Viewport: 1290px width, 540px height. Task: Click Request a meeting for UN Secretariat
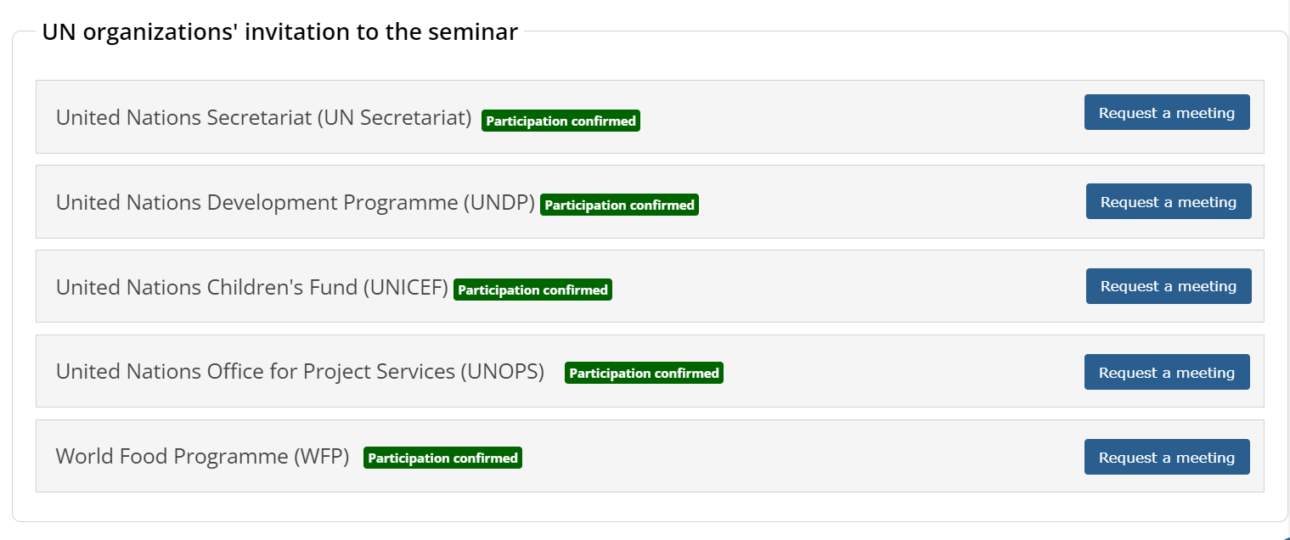tap(1167, 112)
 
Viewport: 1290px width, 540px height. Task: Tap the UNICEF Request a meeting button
tap(1169, 286)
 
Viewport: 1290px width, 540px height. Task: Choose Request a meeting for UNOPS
tap(1167, 372)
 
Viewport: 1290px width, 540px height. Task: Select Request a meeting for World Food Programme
tap(1167, 457)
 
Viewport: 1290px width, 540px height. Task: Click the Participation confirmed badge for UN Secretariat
tap(561, 121)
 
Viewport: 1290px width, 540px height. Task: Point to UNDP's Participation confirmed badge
tap(619, 205)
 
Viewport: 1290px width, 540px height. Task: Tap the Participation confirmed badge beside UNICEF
tap(532, 290)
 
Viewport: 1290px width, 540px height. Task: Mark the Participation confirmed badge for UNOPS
tap(644, 373)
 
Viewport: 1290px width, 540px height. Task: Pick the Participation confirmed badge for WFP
tap(442, 458)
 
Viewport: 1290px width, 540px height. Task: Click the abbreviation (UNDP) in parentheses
tap(499, 203)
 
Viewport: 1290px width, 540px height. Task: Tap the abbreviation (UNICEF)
tap(405, 287)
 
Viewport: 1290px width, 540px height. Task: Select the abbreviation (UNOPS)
tap(502, 372)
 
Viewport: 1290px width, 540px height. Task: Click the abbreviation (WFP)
tap(321, 457)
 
